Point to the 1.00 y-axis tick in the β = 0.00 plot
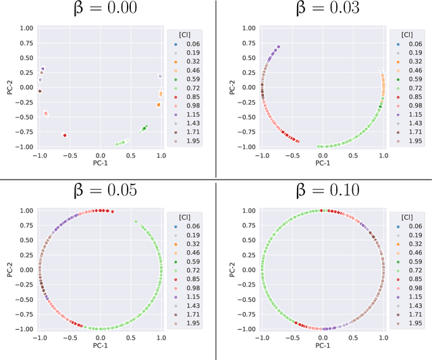click(x=26, y=28)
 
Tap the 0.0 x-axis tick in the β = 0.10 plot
click(x=323, y=336)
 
